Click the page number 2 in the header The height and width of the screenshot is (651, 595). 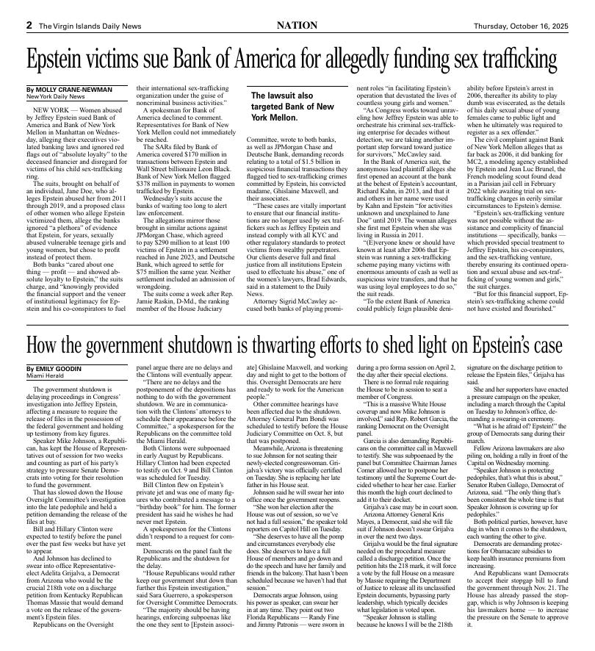pos(29,25)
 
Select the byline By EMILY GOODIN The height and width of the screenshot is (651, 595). pos(54,368)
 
